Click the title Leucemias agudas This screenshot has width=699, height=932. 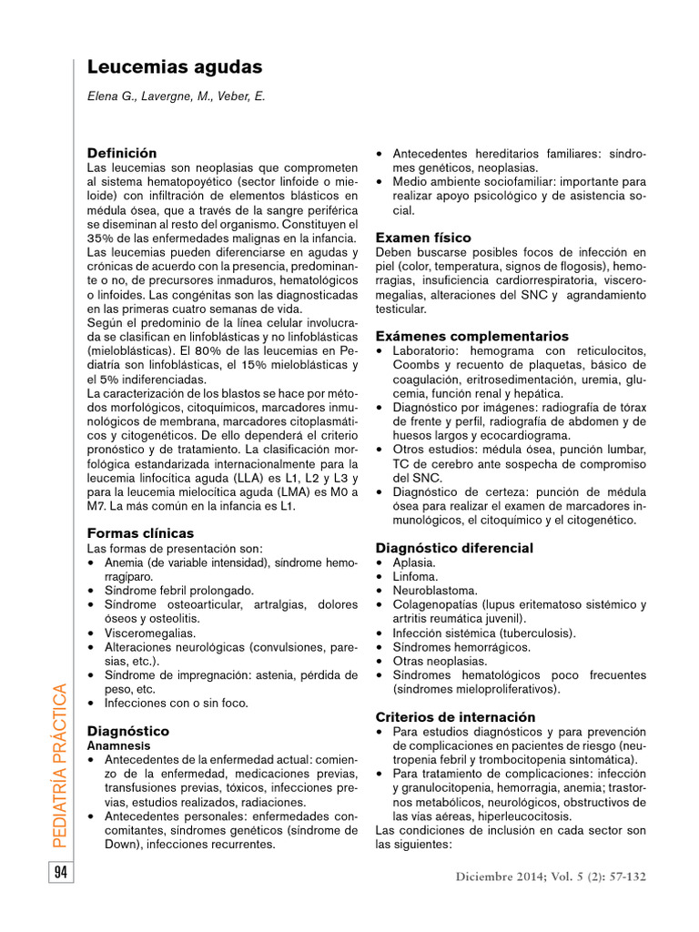click(x=174, y=67)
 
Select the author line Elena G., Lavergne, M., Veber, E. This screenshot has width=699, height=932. click(x=176, y=96)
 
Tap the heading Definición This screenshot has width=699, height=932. click(x=121, y=153)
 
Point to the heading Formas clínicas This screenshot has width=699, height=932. click(x=140, y=532)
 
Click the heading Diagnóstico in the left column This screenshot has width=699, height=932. click(x=127, y=731)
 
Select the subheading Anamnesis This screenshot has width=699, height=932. click(x=112, y=745)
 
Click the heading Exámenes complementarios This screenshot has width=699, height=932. click(x=471, y=336)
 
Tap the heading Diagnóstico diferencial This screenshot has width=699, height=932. click(x=454, y=548)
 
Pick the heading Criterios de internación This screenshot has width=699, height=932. click(x=455, y=717)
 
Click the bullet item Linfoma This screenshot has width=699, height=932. click(x=415, y=576)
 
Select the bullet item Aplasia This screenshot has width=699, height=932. click(x=414, y=562)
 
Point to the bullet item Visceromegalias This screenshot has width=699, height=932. click(x=150, y=632)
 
